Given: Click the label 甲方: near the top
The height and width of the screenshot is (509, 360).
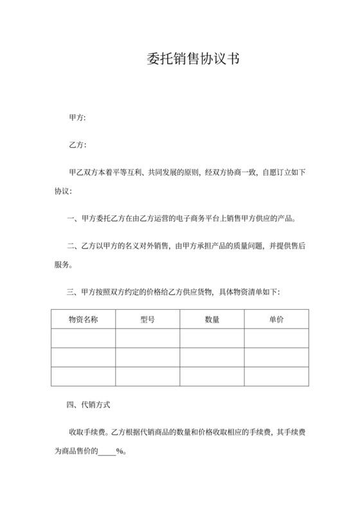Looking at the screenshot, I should (x=77, y=118).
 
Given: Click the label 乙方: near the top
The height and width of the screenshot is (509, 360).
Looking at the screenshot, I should (x=77, y=145).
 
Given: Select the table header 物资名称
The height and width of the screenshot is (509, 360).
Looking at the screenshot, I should (x=83, y=319).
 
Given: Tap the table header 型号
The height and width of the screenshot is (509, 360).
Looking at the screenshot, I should (x=147, y=319).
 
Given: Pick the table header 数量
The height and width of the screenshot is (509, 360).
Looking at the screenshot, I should (x=212, y=319).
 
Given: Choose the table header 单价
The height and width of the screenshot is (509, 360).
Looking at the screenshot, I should (x=276, y=319).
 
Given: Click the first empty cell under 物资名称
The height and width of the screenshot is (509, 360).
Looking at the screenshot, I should (x=83, y=338).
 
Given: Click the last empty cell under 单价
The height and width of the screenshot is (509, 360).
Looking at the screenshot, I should (x=276, y=376).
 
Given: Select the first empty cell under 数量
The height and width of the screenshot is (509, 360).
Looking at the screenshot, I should (x=212, y=338).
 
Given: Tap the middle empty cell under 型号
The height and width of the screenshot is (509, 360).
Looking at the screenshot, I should (x=147, y=357).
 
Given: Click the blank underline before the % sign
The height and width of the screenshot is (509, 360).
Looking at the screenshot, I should (x=107, y=452).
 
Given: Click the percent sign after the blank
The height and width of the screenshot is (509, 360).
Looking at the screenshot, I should (x=120, y=451).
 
